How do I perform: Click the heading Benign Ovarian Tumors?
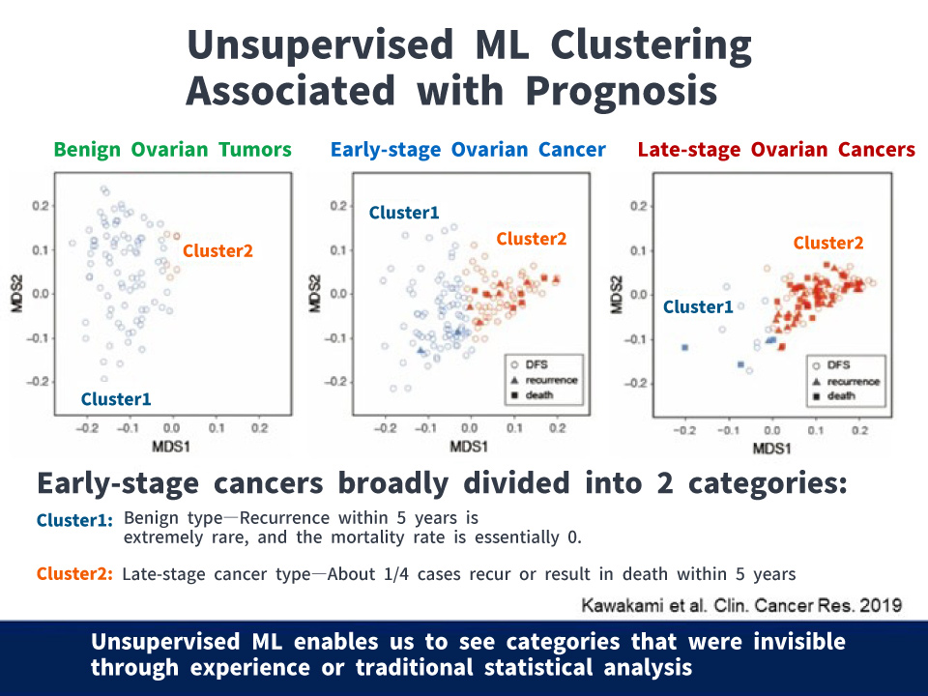click(x=172, y=150)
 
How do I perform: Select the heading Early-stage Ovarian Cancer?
click(x=468, y=150)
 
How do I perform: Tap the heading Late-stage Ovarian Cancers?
click(x=776, y=150)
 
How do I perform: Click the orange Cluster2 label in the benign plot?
click(x=217, y=250)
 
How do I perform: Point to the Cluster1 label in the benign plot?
click(x=116, y=398)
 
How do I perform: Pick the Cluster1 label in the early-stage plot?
click(x=404, y=213)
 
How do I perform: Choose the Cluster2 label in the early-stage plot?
click(x=532, y=239)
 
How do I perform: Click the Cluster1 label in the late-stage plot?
click(x=698, y=307)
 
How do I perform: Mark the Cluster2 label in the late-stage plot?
click(x=828, y=244)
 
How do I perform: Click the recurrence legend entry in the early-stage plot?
click(x=551, y=380)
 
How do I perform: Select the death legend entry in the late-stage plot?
click(x=841, y=395)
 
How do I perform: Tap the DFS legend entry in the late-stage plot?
click(x=837, y=366)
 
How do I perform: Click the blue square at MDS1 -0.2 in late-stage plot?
click(x=684, y=347)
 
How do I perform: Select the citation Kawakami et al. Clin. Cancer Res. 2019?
click(x=741, y=605)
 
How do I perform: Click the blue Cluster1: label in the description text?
click(x=75, y=521)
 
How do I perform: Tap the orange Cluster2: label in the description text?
click(x=75, y=574)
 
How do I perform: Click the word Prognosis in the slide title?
click(x=621, y=91)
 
